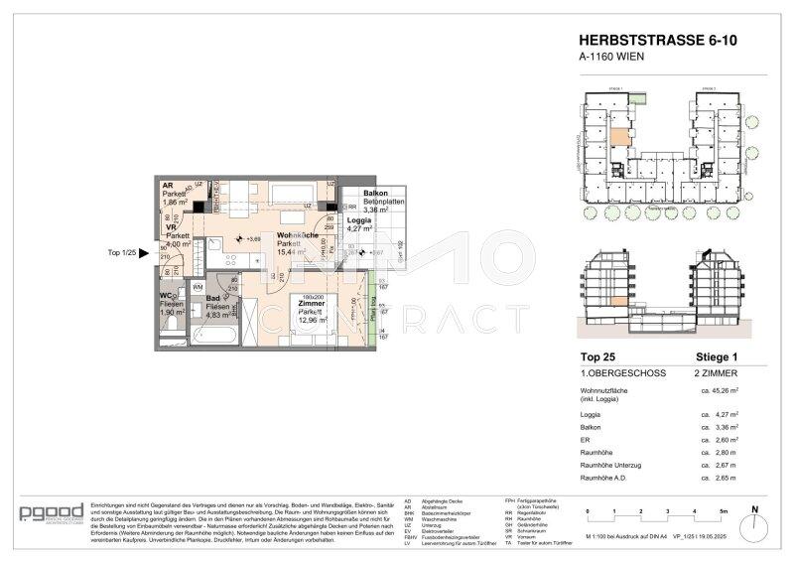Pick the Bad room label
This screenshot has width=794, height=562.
coord(212,298)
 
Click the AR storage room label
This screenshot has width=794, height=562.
coord(169,186)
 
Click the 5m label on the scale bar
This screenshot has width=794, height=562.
coord(724,511)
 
